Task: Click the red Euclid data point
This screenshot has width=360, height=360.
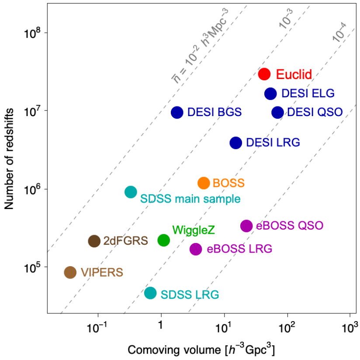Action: [265, 74]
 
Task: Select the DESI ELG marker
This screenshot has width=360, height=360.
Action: [270, 93]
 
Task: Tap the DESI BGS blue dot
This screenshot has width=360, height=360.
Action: [177, 112]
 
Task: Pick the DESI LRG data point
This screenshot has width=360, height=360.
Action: [235, 142]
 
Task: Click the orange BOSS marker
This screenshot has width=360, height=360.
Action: [204, 183]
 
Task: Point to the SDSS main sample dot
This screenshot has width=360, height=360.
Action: [131, 192]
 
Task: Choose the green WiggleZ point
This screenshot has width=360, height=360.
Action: [163, 240]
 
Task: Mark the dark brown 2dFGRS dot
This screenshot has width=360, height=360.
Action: [94, 240]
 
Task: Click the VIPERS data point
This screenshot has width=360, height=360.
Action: [70, 272]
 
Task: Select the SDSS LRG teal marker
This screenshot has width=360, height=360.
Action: [150, 293]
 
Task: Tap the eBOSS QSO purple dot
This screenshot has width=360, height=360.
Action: [246, 226]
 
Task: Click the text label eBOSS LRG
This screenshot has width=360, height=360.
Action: [239, 249]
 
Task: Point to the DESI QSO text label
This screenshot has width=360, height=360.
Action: [315, 113]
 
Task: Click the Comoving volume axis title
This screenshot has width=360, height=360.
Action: [201, 350]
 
